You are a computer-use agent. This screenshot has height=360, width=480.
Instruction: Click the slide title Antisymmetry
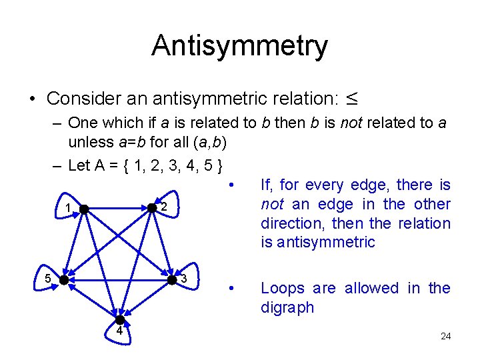(239, 46)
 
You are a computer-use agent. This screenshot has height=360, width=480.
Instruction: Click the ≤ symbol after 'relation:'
(351, 99)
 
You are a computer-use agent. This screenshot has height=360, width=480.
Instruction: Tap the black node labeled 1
(84, 209)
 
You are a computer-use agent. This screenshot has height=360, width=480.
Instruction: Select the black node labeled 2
(153, 208)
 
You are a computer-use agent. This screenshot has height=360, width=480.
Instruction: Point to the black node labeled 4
(120, 320)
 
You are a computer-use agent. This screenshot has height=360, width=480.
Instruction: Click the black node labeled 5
(63, 280)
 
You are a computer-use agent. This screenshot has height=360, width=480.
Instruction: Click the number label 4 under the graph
(119, 331)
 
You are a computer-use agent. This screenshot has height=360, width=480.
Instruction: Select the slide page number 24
(445, 336)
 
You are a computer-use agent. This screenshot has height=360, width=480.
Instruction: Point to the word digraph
(287, 308)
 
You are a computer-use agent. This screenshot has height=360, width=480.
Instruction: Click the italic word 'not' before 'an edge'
(271, 204)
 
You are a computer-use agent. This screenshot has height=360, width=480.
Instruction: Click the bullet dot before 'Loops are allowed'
(230, 289)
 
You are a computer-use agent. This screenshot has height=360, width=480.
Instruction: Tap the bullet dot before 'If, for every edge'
(230, 185)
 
